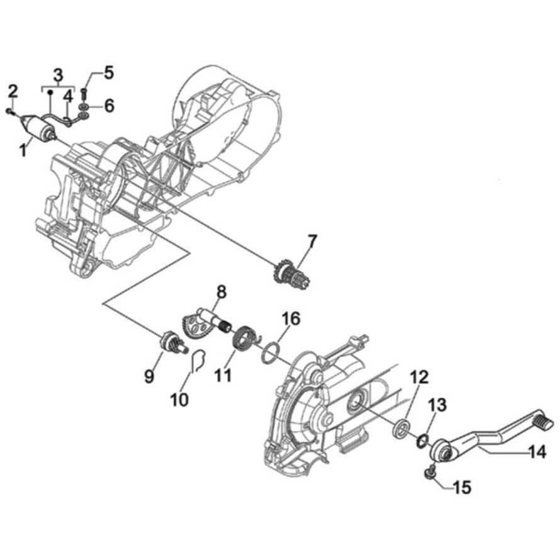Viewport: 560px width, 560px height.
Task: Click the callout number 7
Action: [x=313, y=240]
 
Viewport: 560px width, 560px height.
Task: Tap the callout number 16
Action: [x=287, y=320]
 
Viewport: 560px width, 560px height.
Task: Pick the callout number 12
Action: [x=420, y=378]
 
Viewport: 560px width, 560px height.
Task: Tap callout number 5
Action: [x=109, y=72]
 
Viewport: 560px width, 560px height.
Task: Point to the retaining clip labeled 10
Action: [x=197, y=360]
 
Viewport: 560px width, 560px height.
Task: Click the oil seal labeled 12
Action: [x=399, y=430]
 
